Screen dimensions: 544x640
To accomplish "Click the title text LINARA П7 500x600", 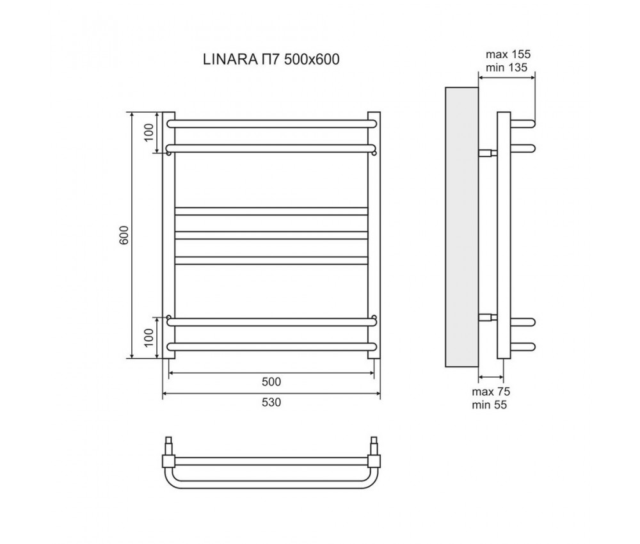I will point(270,60).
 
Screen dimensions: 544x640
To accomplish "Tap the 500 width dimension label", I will point(271,382).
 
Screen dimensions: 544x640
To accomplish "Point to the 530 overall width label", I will point(271,403).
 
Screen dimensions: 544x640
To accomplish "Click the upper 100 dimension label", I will point(149,132).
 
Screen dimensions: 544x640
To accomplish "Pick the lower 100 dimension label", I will point(149,337).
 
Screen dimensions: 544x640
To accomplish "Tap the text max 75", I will point(491,392).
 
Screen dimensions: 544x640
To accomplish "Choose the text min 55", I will point(490,404).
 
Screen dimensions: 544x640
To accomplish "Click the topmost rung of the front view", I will point(271,121).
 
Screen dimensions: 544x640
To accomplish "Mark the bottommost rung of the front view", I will point(271,347).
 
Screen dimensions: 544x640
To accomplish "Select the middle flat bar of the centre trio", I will point(271,234).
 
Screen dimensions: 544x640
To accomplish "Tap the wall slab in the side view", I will point(461,227).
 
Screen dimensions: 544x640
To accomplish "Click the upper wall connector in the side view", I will point(488,153).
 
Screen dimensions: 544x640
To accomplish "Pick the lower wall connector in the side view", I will point(488,317).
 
